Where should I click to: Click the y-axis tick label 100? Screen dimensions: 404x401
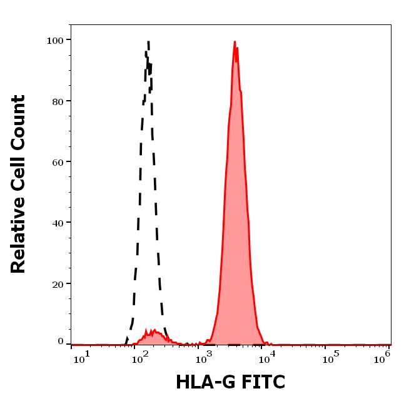click(55, 41)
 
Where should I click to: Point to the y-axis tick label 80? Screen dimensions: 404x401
click(58, 102)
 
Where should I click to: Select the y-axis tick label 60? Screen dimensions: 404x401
click(58, 163)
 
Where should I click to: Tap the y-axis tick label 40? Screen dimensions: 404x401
click(58, 223)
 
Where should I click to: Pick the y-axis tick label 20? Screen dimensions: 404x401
click(58, 285)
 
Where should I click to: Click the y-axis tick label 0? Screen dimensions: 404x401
click(61, 342)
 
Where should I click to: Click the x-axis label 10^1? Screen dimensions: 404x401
click(82, 358)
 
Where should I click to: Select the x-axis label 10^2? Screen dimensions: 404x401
click(140, 358)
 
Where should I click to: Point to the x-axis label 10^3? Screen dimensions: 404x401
click(204, 358)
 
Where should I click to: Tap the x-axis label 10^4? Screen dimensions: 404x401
click(267, 358)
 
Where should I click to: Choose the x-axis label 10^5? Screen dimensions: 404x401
click(331, 358)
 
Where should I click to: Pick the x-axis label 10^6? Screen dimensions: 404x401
click(382, 358)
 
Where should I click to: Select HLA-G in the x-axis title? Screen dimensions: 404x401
click(206, 382)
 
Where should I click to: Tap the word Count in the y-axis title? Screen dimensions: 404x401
click(18, 123)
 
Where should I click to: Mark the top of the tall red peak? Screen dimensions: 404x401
click(235, 41)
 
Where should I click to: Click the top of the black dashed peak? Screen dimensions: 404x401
click(148, 41)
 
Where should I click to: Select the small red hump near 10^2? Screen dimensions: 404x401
click(154, 337)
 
